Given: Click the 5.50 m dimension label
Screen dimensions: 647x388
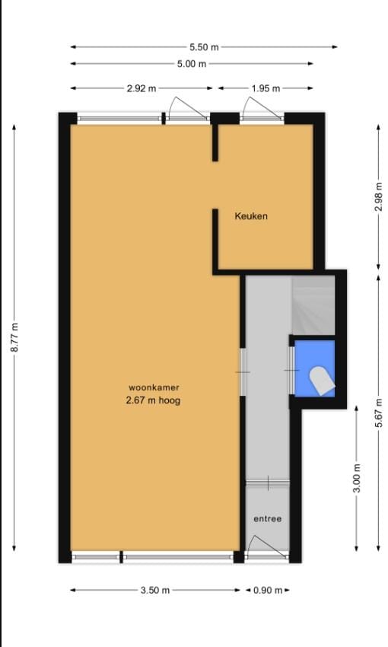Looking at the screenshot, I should point(203,47).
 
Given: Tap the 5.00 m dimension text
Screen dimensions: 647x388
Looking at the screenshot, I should point(192,64).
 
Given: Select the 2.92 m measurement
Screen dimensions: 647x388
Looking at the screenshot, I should point(142,88).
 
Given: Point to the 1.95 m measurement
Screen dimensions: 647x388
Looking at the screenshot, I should point(266,88).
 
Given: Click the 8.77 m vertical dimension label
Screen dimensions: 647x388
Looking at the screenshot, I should point(14,336).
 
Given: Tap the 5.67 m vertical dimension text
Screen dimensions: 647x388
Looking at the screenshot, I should point(378,413).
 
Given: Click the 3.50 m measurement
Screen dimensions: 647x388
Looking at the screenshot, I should point(154,590).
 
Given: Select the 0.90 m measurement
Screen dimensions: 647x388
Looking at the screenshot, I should point(267,590).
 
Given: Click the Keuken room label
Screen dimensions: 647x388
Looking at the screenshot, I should point(251,216).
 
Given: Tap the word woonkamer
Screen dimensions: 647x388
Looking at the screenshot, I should point(154,387).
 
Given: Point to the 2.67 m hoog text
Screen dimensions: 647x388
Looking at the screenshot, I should point(154,400).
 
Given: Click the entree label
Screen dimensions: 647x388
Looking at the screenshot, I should point(267,519).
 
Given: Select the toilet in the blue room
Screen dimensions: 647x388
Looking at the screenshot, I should point(320,379).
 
